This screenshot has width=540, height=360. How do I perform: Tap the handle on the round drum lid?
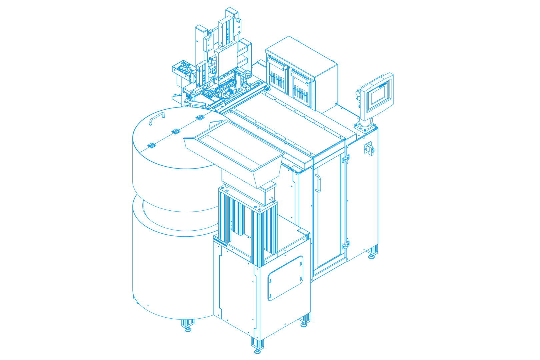[157, 118]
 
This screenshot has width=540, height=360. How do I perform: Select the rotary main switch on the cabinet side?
[369, 148]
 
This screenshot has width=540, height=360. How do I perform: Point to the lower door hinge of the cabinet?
[346, 245]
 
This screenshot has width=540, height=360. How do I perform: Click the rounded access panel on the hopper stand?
[285, 278]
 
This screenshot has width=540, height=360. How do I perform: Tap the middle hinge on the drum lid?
[176, 131]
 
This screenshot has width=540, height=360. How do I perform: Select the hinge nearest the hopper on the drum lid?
[200, 117]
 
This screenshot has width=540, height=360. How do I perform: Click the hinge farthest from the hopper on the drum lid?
[152, 145]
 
